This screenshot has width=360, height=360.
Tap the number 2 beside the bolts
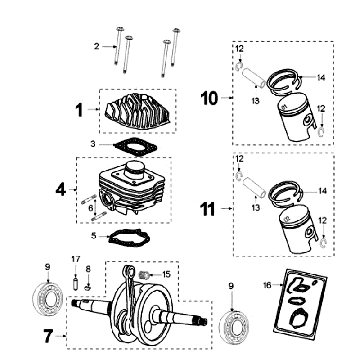pos(97,46)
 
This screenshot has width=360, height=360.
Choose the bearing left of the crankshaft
pos(44,298)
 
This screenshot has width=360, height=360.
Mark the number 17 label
pos(74,260)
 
